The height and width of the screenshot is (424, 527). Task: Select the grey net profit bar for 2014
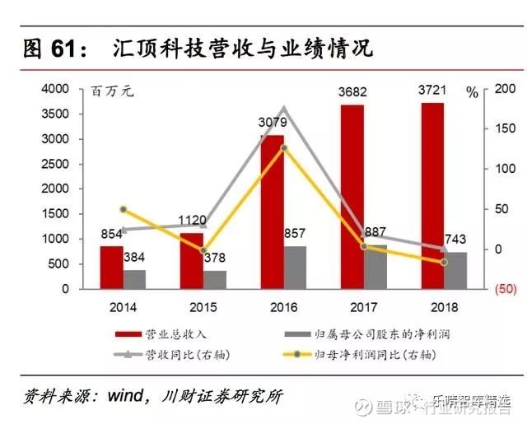click(134, 279)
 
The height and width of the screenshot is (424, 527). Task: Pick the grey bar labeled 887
click(375, 267)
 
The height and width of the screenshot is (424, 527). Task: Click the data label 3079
click(272, 123)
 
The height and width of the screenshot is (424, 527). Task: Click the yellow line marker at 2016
click(284, 148)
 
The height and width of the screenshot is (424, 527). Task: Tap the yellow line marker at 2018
click(444, 262)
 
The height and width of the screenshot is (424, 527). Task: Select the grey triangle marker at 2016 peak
click(284, 109)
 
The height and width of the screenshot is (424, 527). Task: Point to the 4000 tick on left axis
click(55, 88)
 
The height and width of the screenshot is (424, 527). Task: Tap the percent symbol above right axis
click(472, 93)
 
